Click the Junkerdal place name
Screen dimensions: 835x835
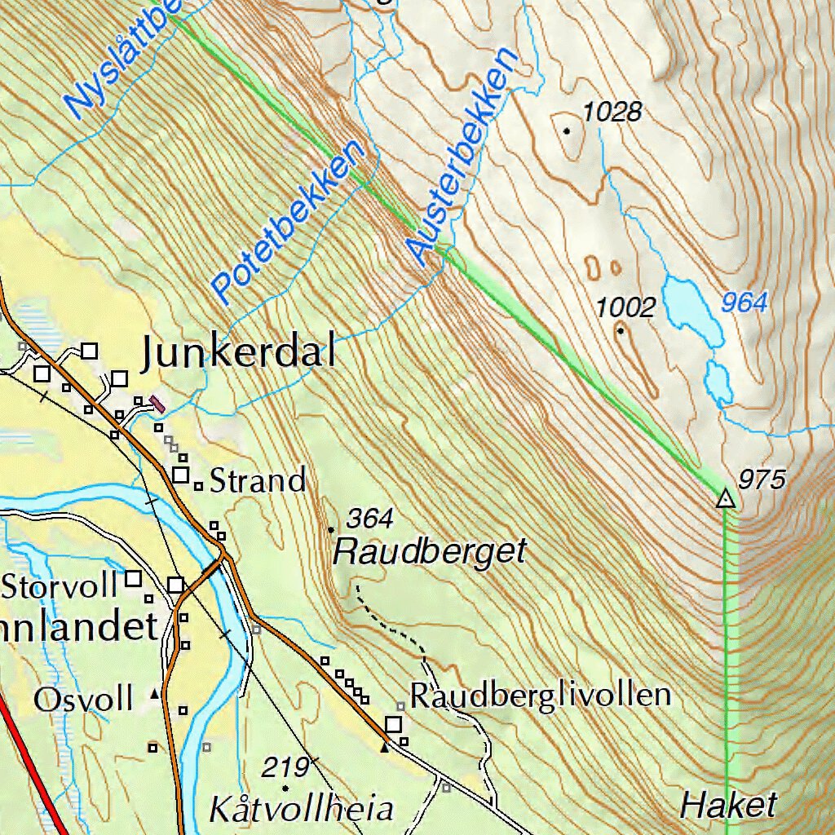(x=238, y=353)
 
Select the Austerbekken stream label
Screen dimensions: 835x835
(x=462, y=155)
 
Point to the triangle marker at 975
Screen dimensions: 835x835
(x=725, y=498)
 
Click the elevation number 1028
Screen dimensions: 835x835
(x=613, y=112)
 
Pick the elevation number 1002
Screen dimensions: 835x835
(x=625, y=307)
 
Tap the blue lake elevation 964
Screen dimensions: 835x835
(x=744, y=303)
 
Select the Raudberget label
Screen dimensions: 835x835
(x=431, y=552)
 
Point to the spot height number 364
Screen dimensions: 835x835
(x=370, y=518)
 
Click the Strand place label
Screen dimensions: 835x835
(x=258, y=480)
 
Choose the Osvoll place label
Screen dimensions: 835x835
(x=83, y=699)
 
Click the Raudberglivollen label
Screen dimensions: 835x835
(x=540, y=696)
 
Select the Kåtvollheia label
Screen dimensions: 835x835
(x=302, y=810)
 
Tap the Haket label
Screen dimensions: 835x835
(x=728, y=806)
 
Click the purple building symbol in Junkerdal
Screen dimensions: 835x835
(x=157, y=403)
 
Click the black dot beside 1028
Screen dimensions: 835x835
(x=567, y=130)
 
